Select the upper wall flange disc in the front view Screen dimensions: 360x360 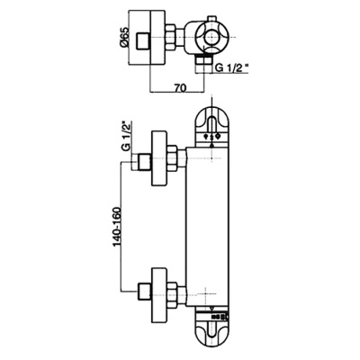[x=161, y=163]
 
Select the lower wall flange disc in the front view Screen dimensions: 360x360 [x=161, y=292]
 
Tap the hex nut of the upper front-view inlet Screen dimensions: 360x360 [x=176, y=163]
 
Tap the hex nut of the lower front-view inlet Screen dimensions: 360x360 [x=176, y=292]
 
